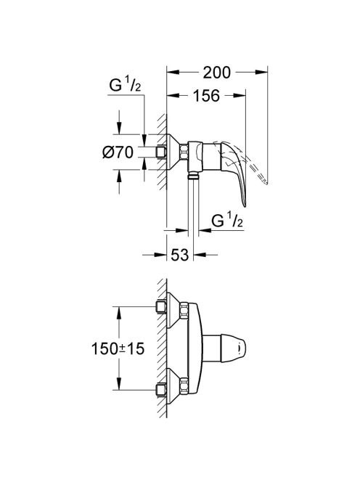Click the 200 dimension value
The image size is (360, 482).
(x=216, y=73)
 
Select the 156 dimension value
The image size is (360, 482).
(x=206, y=96)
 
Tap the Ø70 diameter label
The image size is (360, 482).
(x=118, y=152)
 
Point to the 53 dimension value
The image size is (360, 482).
(x=180, y=255)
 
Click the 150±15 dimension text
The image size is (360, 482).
(x=118, y=348)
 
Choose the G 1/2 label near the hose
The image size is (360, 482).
(x=227, y=221)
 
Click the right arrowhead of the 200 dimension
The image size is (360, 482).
(x=261, y=73)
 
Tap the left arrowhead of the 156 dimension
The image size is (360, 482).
(x=173, y=96)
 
